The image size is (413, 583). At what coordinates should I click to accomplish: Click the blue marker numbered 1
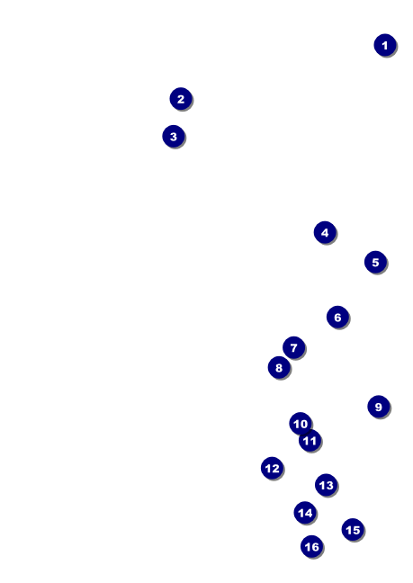385,45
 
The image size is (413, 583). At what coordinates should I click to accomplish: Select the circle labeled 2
181,99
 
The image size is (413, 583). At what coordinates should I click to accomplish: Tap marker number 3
174,137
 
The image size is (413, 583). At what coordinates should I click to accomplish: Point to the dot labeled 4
325,232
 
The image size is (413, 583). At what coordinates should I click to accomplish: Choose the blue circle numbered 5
375,262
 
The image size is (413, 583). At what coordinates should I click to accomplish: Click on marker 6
337,318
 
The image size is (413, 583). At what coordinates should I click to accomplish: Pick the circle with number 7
293,347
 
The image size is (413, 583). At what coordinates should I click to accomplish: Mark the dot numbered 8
279,367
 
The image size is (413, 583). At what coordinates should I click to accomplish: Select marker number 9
379,407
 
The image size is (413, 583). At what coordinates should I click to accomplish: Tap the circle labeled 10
301,424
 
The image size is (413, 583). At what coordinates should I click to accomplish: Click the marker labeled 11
310,441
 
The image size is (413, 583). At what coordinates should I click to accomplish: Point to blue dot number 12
272,468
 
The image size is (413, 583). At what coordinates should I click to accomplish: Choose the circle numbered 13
326,485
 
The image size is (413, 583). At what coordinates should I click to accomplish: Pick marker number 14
305,513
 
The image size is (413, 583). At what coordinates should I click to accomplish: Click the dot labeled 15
353,529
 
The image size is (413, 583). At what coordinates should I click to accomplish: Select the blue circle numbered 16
311,547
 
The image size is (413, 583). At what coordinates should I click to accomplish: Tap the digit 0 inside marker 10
303,424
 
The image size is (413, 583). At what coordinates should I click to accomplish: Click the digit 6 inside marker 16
315,547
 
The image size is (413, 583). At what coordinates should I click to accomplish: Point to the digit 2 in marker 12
275,469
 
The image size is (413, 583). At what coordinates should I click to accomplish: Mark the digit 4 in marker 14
308,513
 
